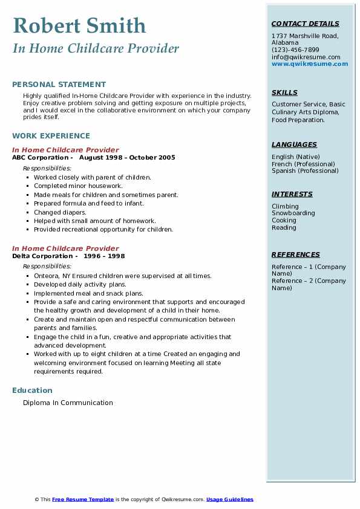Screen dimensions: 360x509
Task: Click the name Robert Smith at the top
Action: [x=79, y=25]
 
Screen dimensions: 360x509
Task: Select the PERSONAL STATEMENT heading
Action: [x=59, y=85]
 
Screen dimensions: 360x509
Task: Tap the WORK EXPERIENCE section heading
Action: [x=51, y=136]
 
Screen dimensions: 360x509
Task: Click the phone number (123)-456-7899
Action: [x=295, y=50]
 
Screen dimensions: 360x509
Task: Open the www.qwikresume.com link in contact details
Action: [x=310, y=64]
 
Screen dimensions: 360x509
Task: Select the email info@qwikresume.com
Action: [x=306, y=57]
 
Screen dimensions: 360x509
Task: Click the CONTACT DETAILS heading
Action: [x=306, y=24]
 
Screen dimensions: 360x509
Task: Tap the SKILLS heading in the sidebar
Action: [x=284, y=93]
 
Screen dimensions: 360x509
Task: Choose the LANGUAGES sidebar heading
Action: [x=294, y=145]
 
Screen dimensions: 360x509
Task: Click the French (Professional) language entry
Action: [x=303, y=164]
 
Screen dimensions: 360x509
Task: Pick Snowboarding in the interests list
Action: [x=293, y=213]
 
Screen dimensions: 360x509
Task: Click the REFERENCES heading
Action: [x=296, y=255]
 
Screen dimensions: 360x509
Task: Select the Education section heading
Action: [x=32, y=391]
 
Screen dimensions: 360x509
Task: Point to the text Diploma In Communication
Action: [x=68, y=403]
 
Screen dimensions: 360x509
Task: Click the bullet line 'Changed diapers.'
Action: [x=60, y=212]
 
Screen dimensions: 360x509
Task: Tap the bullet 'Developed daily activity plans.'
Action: [x=79, y=284]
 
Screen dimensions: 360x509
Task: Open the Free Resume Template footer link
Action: [x=83, y=499]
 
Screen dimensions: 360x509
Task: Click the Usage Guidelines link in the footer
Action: [x=229, y=499]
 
